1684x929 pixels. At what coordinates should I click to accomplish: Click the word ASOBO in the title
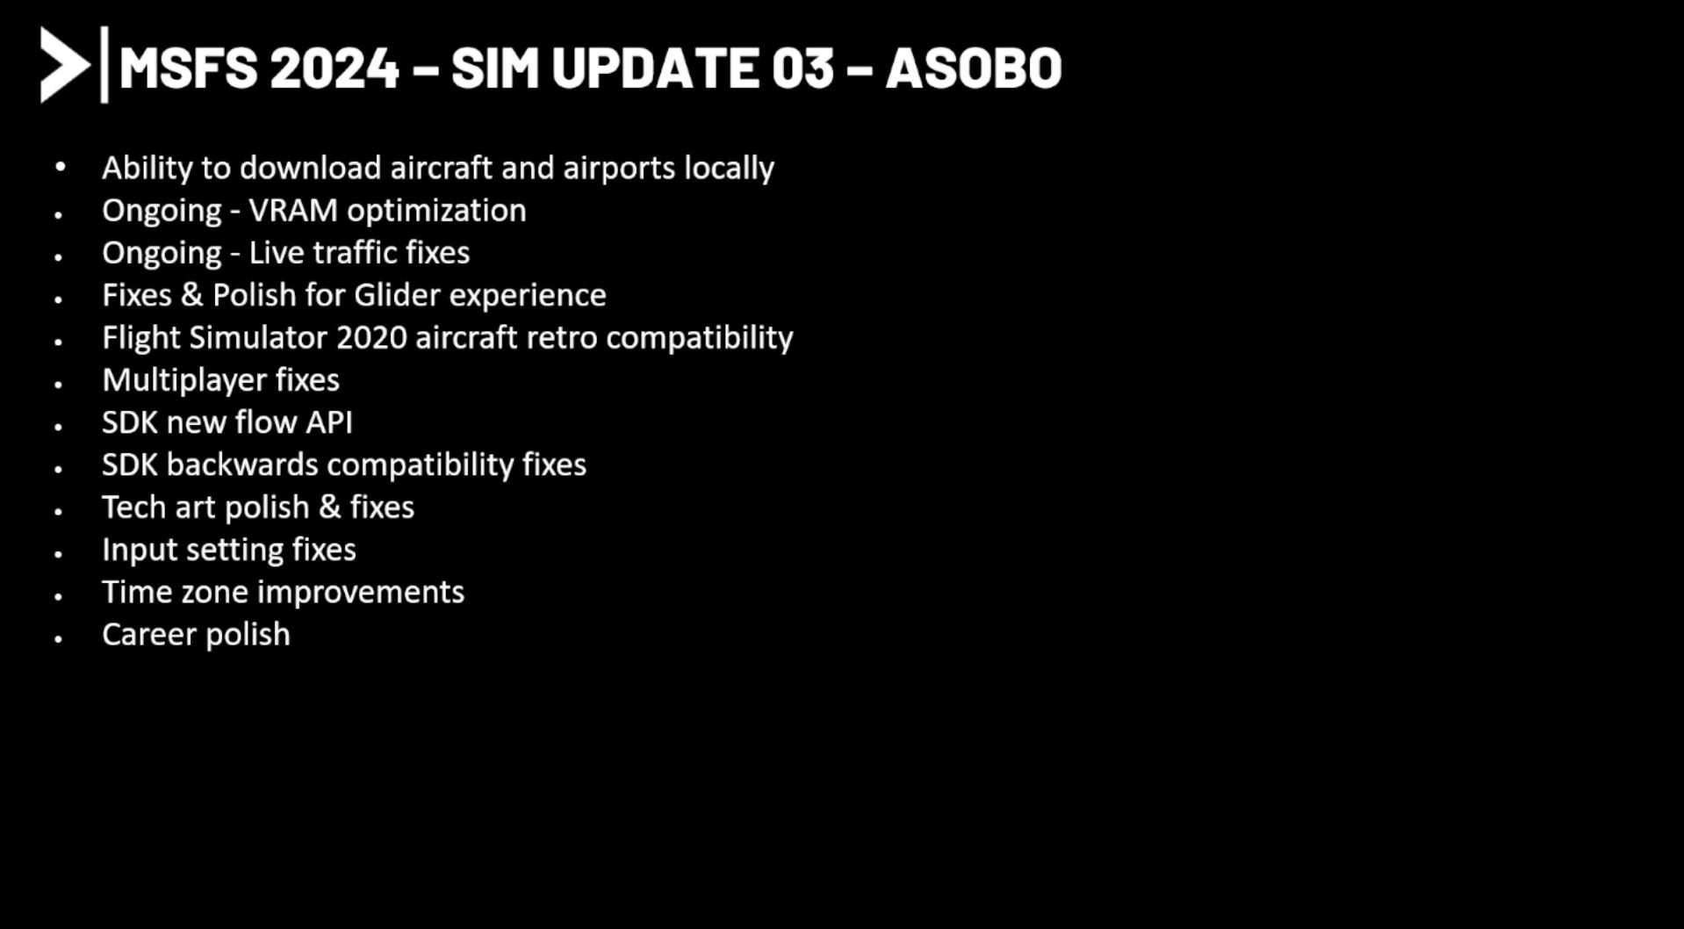(974, 68)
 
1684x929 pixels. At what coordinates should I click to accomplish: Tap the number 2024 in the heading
(335, 68)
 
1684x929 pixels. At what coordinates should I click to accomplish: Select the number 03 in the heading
(802, 68)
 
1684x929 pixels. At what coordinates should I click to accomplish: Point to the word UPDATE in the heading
(655, 68)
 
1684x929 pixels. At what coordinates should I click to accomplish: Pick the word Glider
(397, 295)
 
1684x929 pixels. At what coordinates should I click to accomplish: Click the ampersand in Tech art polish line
(329, 508)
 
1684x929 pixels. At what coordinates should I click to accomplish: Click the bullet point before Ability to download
(60, 166)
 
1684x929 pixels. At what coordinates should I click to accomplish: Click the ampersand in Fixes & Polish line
(192, 295)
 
